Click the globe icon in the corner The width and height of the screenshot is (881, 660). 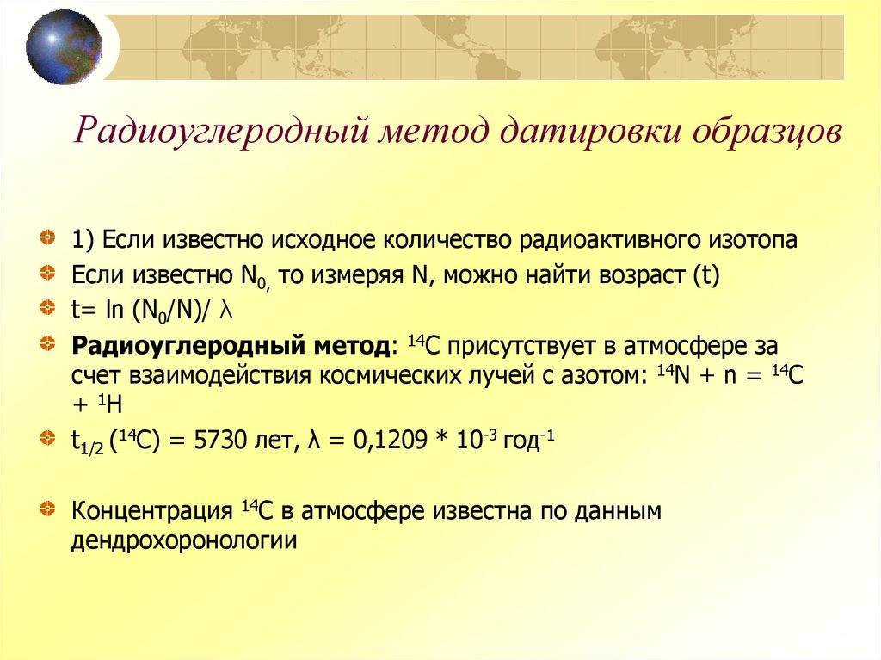click(63, 46)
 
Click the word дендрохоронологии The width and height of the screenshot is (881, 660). click(184, 540)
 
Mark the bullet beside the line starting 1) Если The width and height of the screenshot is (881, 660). click(52, 237)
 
